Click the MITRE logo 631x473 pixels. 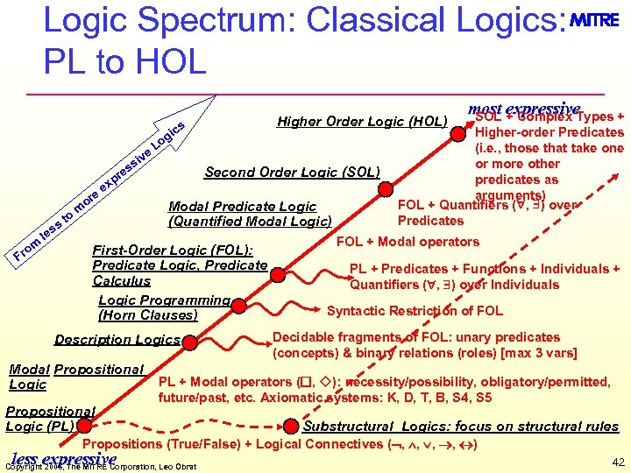(x=595, y=20)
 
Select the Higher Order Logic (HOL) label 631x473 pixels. (x=362, y=121)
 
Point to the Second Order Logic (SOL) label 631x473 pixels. (x=292, y=172)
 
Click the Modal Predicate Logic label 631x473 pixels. (x=242, y=207)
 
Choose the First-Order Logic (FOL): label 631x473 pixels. (x=173, y=250)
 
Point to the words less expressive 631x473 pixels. (x=63, y=459)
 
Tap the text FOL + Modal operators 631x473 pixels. (x=408, y=242)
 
